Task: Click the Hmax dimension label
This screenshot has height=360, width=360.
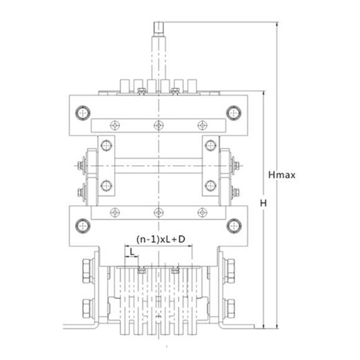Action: pos(282,175)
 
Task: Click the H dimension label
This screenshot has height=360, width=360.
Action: pos(263,203)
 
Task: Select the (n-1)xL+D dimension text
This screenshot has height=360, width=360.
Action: pos(161,239)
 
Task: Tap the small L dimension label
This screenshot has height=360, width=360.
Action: pos(132,252)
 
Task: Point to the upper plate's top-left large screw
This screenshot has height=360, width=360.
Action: pos(83,113)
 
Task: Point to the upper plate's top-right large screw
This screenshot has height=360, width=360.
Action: pos(234,113)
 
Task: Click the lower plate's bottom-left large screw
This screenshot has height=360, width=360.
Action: pos(83,226)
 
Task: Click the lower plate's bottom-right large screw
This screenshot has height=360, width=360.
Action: pos(234,226)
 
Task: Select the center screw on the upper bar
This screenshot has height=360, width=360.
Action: pos(158,126)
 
